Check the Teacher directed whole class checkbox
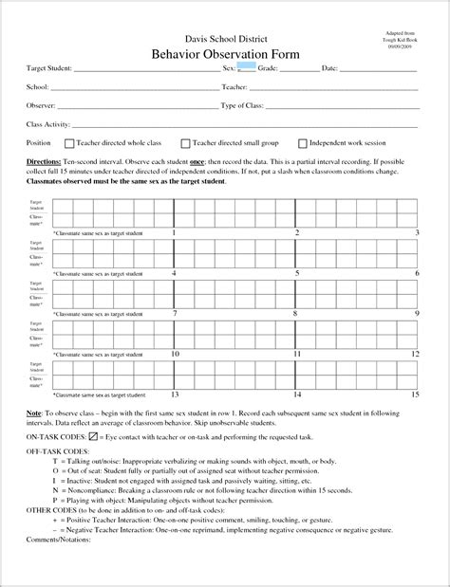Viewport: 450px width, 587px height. coord(69,143)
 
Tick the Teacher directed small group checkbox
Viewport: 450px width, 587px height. coord(186,143)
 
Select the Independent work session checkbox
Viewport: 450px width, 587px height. coord(303,143)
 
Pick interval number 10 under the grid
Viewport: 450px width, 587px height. coord(175,354)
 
